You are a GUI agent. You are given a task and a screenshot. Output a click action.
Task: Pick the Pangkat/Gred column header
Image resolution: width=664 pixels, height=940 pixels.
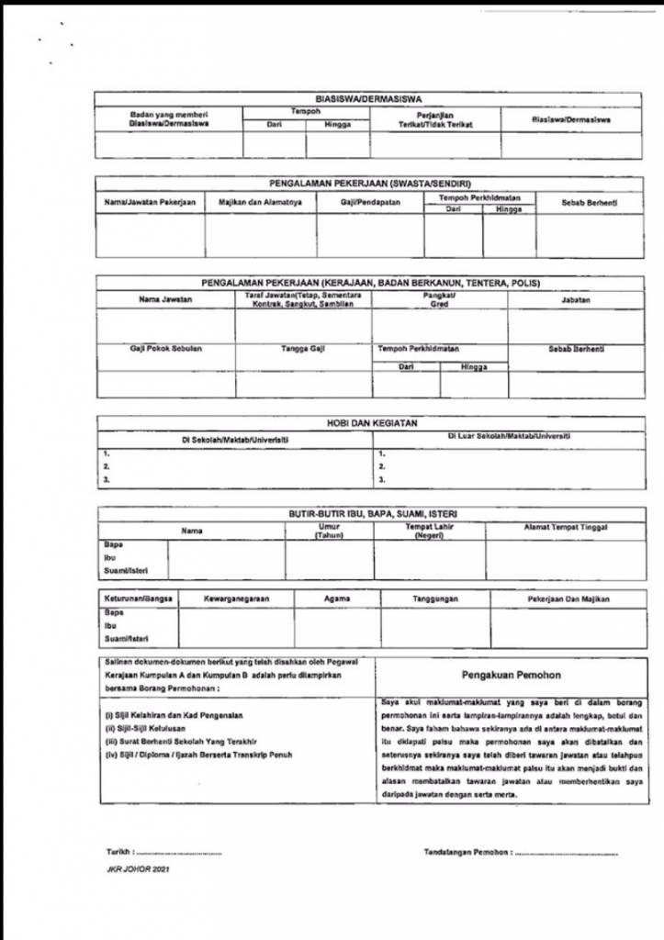(x=439, y=300)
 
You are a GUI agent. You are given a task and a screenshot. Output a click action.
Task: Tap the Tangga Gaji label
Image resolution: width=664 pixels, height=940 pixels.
(x=302, y=350)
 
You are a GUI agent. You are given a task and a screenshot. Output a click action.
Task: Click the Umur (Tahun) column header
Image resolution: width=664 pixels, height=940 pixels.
(x=330, y=531)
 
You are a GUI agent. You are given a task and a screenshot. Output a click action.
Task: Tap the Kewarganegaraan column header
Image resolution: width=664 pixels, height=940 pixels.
(x=236, y=599)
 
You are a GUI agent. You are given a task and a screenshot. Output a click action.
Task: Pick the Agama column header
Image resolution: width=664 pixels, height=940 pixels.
(x=337, y=599)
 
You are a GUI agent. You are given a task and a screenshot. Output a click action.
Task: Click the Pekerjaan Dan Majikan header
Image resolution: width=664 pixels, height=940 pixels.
(x=550, y=599)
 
